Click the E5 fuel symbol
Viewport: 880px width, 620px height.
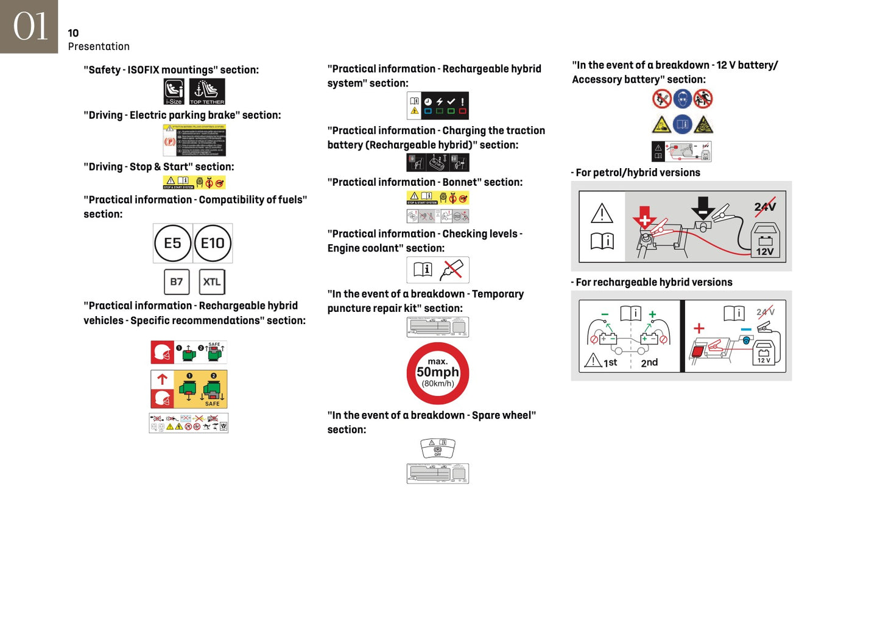[173, 243]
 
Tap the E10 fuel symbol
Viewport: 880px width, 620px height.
[213, 243]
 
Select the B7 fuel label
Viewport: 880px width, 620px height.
[177, 282]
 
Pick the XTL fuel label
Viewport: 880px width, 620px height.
[212, 282]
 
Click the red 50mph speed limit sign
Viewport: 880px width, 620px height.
[438, 373]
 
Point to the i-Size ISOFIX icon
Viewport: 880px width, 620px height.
[174, 91]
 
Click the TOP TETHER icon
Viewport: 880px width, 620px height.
[207, 91]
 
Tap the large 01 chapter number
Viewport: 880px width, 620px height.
[29, 27]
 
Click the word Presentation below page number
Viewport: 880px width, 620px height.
[99, 46]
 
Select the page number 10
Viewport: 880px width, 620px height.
[73, 33]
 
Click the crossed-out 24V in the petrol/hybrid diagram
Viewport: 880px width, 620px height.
[765, 206]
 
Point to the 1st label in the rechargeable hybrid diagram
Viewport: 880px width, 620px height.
[610, 362]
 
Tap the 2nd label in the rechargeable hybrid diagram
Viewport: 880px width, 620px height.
[649, 362]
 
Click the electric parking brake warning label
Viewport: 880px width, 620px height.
[194, 140]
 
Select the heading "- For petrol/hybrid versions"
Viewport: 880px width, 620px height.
[636, 172]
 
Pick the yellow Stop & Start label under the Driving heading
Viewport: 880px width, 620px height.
[194, 182]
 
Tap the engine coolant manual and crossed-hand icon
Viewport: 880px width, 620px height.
[438, 270]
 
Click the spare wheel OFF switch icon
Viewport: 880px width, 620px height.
[438, 448]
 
